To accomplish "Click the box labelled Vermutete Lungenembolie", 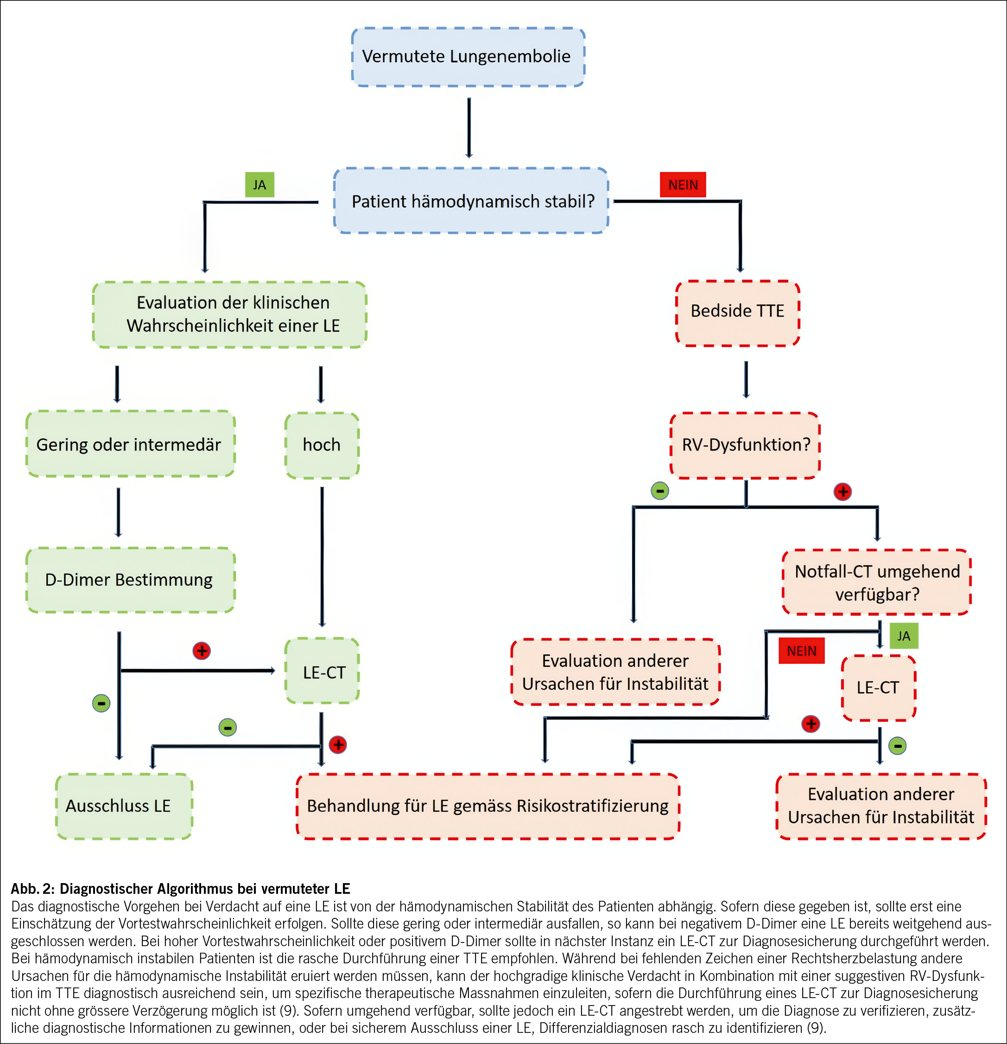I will click(x=468, y=57).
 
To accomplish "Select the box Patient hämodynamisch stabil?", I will click(x=471, y=201).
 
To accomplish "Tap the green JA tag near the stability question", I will click(x=260, y=185).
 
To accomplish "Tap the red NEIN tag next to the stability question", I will click(x=682, y=185).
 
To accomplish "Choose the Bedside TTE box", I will click(x=738, y=312).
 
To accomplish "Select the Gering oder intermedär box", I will click(x=129, y=444).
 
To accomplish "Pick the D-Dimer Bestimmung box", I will click(x=129, y=579).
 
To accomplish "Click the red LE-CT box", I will click(x=878, y=687).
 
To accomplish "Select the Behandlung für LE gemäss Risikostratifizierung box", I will click(x=487, y=806).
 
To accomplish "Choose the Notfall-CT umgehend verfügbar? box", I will click(x=876, y=582).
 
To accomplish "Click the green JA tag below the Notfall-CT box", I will click(x=904, y=636).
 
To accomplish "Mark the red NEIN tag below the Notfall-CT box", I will click(x=801, y=651).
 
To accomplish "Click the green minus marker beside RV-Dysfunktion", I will click(x=660, y=490).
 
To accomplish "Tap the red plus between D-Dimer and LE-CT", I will click(x=201, y=650).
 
